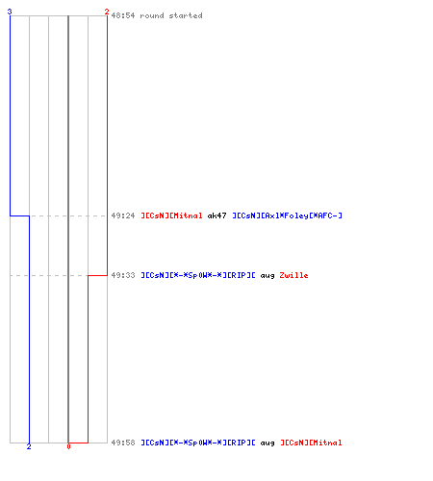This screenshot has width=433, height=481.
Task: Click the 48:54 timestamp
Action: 123,15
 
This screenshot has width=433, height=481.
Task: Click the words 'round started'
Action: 171,15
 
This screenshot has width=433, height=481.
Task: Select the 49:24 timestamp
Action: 123,215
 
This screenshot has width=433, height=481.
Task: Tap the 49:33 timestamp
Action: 123,275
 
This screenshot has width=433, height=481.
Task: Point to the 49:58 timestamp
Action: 123,443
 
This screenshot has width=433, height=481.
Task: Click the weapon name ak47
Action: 217,215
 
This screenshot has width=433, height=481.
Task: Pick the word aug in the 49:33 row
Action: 267,276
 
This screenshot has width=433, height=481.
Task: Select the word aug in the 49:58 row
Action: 267,443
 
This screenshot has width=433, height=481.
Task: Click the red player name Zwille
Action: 293,275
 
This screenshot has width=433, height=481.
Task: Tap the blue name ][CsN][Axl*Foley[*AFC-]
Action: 288,215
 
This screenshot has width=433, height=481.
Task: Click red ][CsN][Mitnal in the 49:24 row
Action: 171,215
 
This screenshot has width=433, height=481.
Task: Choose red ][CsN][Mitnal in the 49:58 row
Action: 311,443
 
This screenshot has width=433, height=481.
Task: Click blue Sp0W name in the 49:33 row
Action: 198,275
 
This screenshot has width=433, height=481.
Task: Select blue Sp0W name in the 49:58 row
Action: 198,443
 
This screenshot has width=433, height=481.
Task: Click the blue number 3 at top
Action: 10,12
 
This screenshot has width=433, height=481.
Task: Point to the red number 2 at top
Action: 107,12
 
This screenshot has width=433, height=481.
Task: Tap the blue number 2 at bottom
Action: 29,446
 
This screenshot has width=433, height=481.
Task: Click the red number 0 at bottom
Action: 68,446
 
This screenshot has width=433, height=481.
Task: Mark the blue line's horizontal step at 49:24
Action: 20,215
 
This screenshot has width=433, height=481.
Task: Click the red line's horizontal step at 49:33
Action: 97,275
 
